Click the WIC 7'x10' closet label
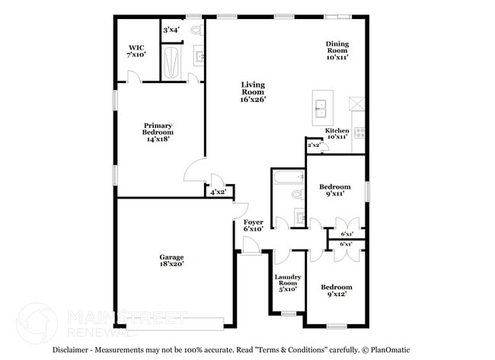click(x=136, y=51)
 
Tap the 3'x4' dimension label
click(x=171, y=30)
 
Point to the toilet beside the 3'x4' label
click(x=196, y=30)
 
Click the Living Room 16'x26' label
click(x=253, y=91)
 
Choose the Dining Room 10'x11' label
click(x=337, y=50)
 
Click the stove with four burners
click(x=359, y=131)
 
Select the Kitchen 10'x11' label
click(x=337, y=134)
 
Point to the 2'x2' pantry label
click(x=313, y=144)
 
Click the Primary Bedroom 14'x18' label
click(x=158, y=132)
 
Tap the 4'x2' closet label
click(x=219, y=193)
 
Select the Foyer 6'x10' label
click(x=253, y=225)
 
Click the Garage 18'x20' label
click(x=171, y=260)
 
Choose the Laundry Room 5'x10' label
click(x=288, y=283)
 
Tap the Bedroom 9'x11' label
click(x=334, y=190)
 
